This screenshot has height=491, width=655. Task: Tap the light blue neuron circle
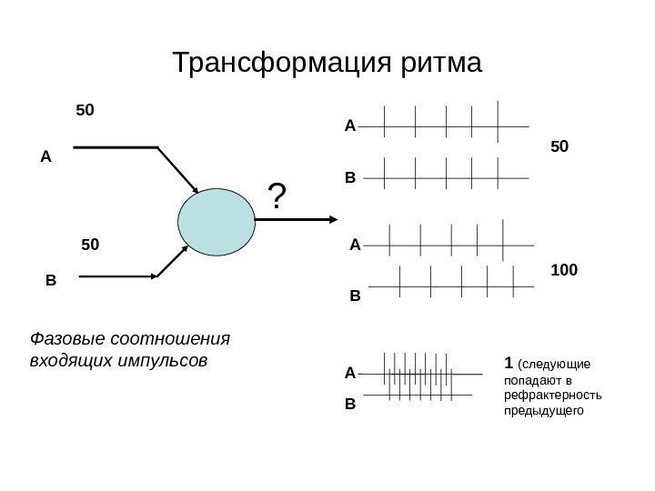[x=217, y=221]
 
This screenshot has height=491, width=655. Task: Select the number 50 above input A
[x=86, y=110]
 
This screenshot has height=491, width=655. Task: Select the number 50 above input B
[x=92, y=244]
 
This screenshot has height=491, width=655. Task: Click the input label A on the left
[x=46, y=156]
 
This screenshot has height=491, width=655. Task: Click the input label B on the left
[x=50, y=281]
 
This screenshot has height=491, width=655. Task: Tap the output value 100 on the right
[x=566, y=271]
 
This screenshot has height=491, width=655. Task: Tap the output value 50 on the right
[x=560, y=145]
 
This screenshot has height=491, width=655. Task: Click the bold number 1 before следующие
[x=507, y=364]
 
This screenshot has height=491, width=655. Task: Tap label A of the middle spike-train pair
[x=355, y=245]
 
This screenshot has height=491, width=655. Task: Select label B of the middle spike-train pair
[x=355, y=296]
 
